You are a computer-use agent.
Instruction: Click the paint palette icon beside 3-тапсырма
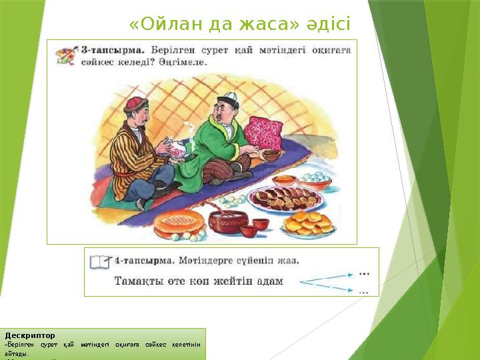click(x=65, y=54)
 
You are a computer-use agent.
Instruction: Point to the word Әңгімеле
click(x=183, y=62)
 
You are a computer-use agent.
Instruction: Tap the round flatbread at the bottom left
click(x=177, y=223)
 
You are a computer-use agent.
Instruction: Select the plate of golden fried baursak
click(x=308, y=222)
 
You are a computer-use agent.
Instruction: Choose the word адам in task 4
click(x=267, y=281)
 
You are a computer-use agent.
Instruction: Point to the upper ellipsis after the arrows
click(x=364, y=271)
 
